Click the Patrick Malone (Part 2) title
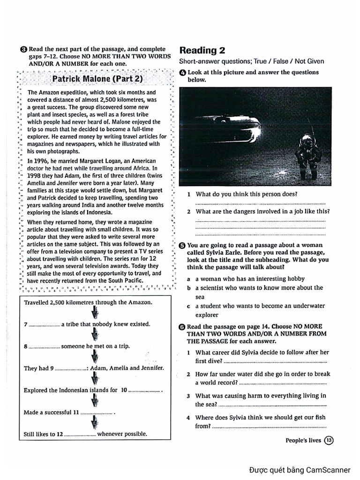click(97, 78)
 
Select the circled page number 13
click(329, 440)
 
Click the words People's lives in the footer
click(303, 440)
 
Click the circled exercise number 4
click(183, 73)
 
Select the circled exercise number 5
click(183, 245)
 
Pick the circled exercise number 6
click(183, 326)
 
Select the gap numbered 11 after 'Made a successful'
click(97, 413)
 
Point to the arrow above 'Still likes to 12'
click(95, 423)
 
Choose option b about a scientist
click(259, 288)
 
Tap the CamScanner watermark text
click(300, 470)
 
